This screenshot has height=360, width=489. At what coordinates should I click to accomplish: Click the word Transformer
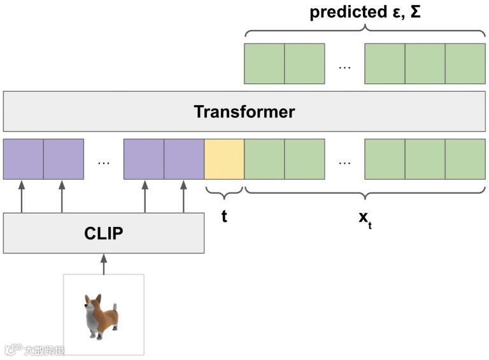244,112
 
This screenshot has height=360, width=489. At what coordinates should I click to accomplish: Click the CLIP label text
103,233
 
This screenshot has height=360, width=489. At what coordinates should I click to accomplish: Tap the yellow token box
224,159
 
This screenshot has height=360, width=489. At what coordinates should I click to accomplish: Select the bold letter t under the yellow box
224,216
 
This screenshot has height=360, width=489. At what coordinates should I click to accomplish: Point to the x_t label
365,218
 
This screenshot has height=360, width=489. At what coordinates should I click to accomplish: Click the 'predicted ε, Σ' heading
365,12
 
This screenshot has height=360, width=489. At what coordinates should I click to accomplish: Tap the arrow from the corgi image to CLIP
103,264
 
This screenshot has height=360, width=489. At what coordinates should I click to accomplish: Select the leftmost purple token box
23,159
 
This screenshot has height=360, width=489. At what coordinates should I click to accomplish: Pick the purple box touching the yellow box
184,159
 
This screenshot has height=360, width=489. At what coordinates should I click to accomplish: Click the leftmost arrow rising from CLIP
22,196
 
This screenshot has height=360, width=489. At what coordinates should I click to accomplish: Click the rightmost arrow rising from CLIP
183,196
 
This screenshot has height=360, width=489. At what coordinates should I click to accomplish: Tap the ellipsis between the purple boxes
103,162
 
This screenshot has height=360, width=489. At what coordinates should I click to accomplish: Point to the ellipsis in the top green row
344,66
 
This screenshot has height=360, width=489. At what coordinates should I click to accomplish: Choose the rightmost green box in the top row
465,64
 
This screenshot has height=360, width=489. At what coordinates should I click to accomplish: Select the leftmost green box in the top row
264,64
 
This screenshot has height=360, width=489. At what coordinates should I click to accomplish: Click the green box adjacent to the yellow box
264,159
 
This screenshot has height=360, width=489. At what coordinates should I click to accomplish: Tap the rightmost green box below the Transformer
465,159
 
